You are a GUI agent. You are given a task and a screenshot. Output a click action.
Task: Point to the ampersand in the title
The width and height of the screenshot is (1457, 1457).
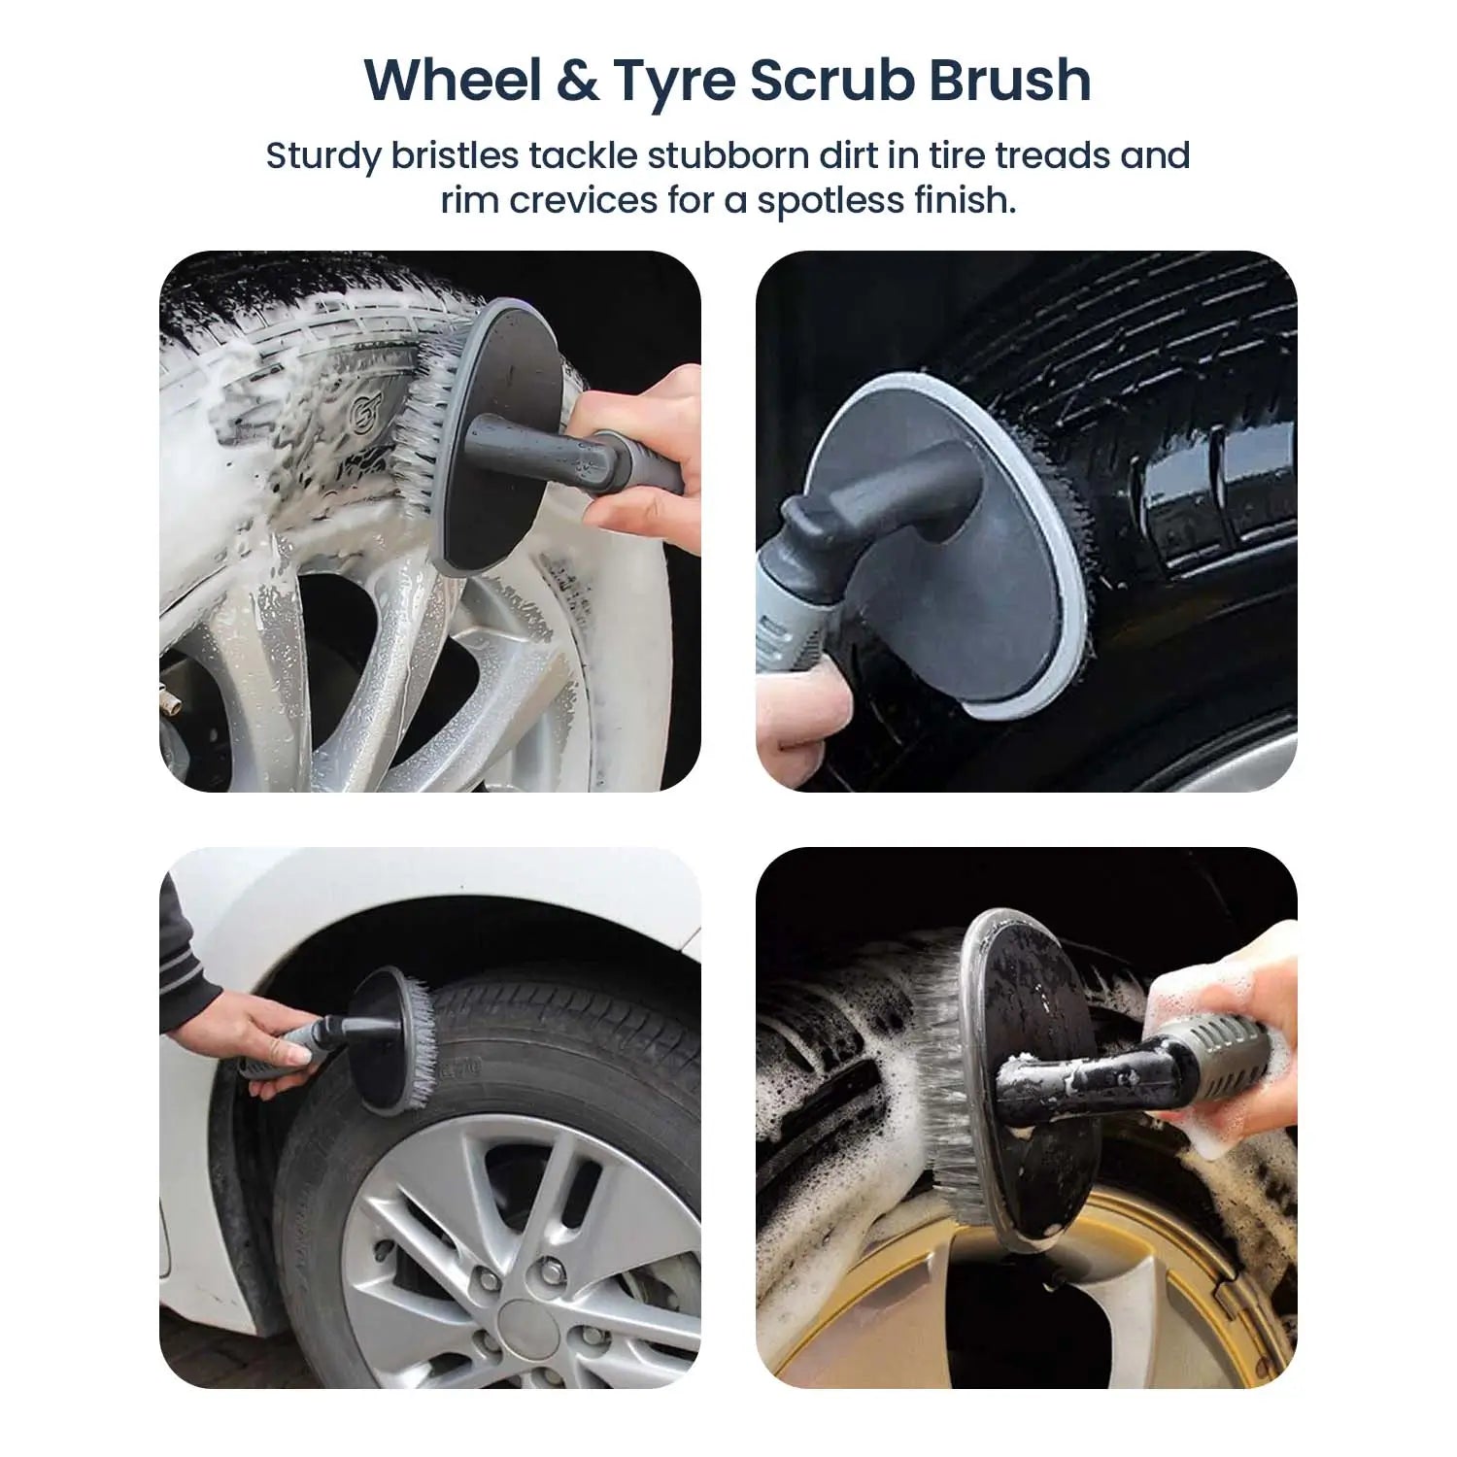point(578,81)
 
